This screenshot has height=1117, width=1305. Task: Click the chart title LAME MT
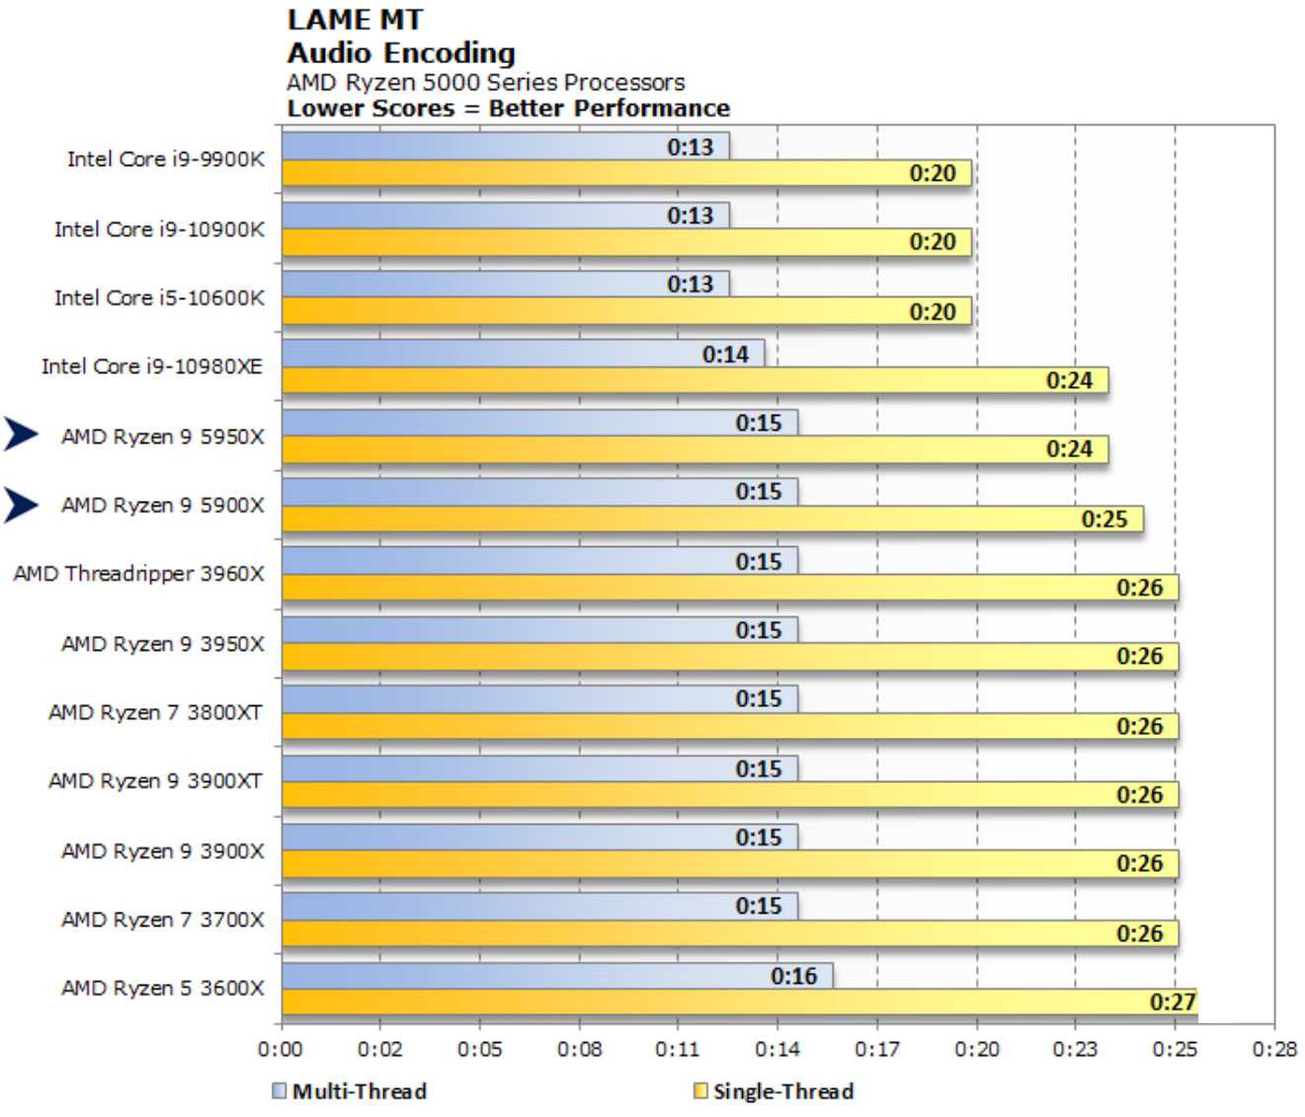[x=355, y=19]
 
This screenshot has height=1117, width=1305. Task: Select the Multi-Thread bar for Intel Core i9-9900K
[x=505, y=146]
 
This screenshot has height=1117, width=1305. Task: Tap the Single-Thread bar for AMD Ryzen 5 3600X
[x=739, y=1002]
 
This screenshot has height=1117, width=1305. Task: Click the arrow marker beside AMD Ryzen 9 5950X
[x=21, y=435]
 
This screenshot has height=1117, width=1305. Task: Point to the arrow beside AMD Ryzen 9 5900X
[x=21, y=505]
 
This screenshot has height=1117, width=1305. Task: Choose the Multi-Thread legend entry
[x=350, y=1091]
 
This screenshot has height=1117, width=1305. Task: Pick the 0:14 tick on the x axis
[x=777, y=1049]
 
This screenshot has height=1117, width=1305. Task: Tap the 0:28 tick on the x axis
[x=1274, y=1049]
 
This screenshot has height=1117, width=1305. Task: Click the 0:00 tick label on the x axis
[x=281, y=1049]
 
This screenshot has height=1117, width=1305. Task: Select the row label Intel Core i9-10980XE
[x=152, y=366]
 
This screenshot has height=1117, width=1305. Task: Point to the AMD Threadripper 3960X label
[x=139, y=574]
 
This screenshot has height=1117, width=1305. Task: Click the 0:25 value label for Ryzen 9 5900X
[x=1103, y=519]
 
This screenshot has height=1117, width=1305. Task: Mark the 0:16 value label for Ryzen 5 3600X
[x=793, y=976]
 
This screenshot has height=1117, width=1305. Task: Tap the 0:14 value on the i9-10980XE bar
[x=725, y=354]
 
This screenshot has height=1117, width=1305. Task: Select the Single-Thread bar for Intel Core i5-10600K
[x=626, y=311]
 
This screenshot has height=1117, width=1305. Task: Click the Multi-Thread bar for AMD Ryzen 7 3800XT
[x=539, y=699]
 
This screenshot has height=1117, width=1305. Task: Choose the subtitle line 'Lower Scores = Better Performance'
[x=508, y=108]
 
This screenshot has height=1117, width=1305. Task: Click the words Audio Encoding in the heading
[x=401, y=52]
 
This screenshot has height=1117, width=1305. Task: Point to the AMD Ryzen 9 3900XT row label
[x=156, y=781]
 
